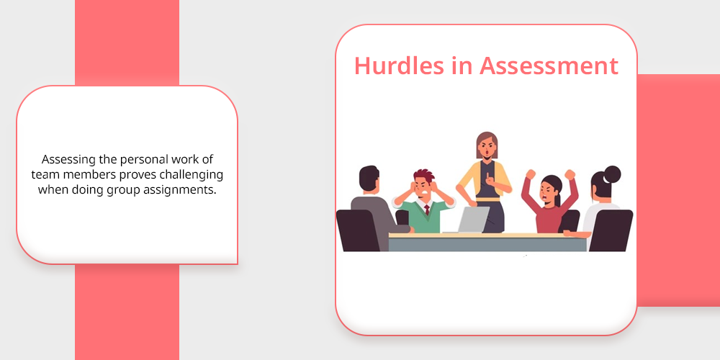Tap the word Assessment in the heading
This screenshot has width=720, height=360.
coord(549,66)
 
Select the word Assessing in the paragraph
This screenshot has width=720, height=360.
coord(63,161)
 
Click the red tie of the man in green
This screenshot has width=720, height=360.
coord(426,210)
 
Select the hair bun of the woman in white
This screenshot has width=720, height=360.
coord(612,174)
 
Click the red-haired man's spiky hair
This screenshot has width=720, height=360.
coord(423,176)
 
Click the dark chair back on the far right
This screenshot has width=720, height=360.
coord(611,230)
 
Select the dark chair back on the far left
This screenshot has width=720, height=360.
coord(358,230)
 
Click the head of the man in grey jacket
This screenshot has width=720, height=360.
coord(369,179)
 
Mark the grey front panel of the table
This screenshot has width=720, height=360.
coord(487,244)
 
